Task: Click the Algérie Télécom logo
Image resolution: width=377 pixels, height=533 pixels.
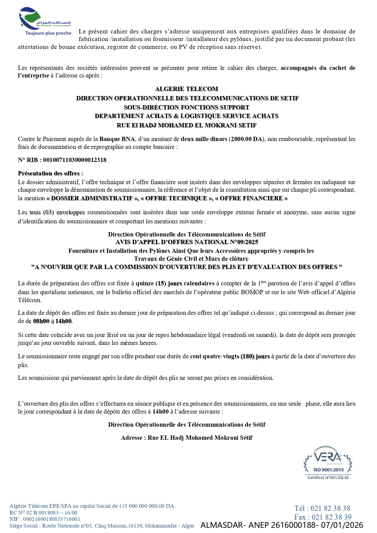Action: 45,19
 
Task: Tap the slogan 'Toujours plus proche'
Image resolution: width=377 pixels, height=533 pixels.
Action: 48,33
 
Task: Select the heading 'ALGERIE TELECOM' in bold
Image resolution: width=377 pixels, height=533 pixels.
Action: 187,89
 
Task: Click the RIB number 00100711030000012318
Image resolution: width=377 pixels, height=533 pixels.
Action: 75,160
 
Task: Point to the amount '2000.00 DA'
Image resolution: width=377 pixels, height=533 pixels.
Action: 246,139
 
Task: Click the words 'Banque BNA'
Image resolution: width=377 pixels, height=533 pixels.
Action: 117,139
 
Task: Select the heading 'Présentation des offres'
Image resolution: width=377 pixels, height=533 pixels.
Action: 49,173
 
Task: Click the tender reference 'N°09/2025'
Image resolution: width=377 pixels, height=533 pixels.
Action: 243,242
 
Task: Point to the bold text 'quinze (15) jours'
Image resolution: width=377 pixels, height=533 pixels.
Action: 159,283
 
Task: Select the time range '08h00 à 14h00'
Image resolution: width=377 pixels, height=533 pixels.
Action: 52,321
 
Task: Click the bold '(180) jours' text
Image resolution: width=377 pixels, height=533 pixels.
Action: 255,356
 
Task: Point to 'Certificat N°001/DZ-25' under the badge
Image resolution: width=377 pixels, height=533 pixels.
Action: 328,477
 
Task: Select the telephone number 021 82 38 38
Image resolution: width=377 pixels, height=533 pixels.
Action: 330,508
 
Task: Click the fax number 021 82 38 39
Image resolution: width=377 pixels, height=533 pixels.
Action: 331,517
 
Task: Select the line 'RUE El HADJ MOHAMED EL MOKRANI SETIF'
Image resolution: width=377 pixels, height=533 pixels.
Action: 187,125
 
